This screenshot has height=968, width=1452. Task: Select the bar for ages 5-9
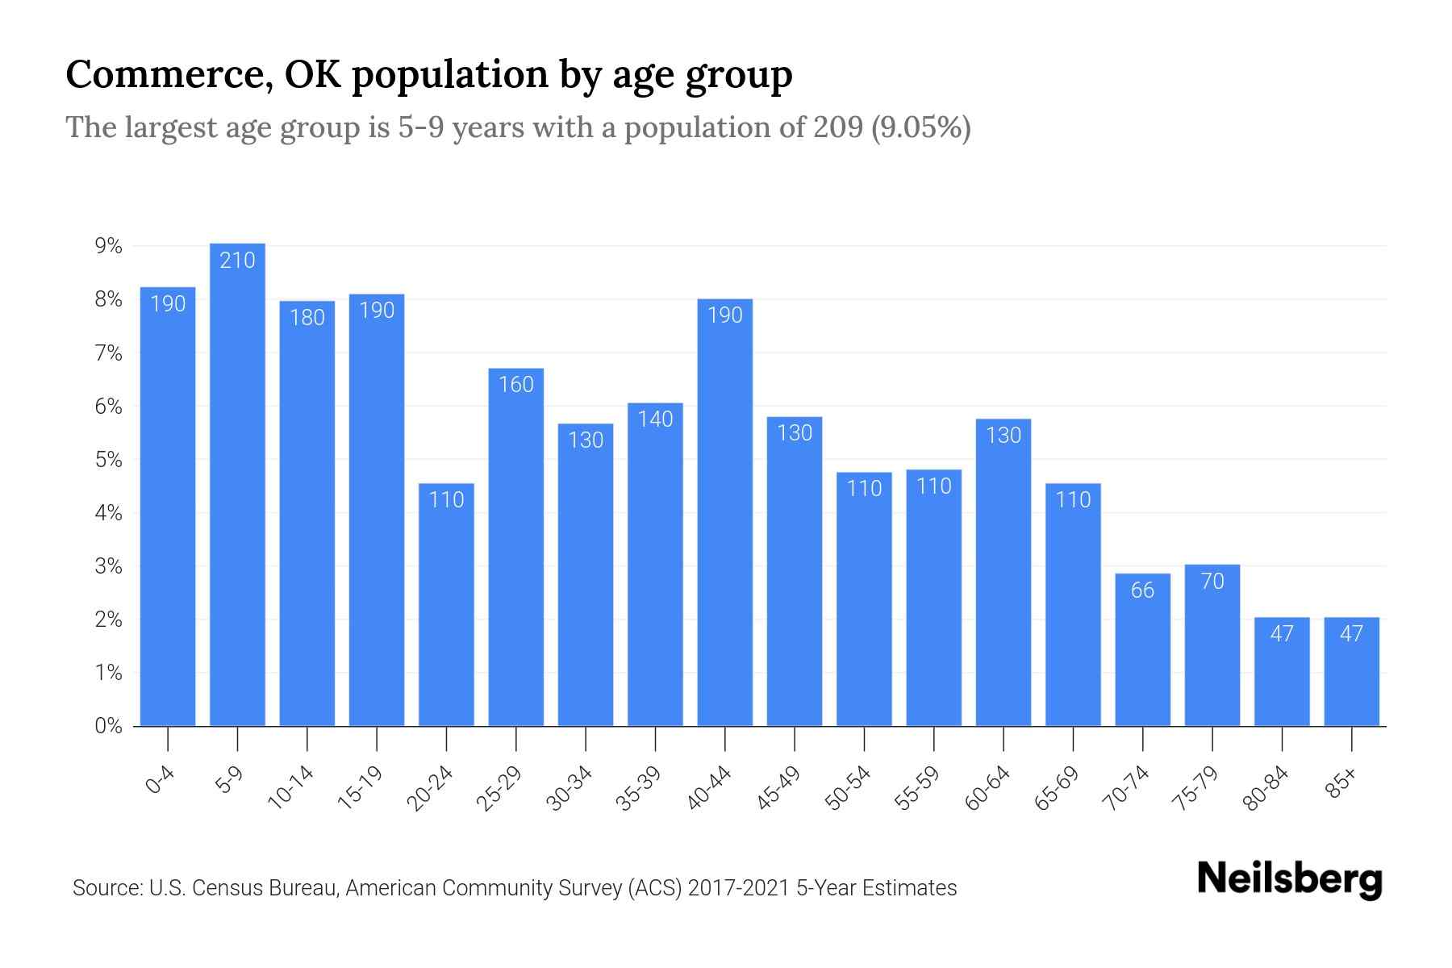pyautogui.click(x=237, y=484)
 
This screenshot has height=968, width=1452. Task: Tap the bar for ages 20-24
pyautogui.click(x=446, y=605)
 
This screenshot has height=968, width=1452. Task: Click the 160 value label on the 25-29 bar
pyautogui.click(x=515, y=384)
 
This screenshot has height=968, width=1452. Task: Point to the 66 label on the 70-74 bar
pyautogui.click(x=1142, y=590)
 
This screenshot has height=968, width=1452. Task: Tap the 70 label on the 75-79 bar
pyautogui.click(x=1212, y=581)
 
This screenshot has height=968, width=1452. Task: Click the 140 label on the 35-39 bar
pyautogui.click(x=655, y=419)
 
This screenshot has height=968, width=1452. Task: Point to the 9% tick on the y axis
pyautogui.click(x=108, y=246)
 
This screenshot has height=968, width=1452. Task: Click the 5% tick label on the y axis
pyautogui.click(x=108, y=460)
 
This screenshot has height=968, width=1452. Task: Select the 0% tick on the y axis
pyautogui.click(x=108, y=726)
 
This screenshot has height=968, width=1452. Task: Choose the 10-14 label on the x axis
pyautogui.click(x=292, y=788)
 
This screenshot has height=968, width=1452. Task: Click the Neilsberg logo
pyautogui.click(x=1289, y=879)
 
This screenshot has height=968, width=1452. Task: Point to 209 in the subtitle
pyautogui.click(x=838, y=127)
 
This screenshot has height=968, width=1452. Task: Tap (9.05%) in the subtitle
pyautogui.click(x=921, y=127)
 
